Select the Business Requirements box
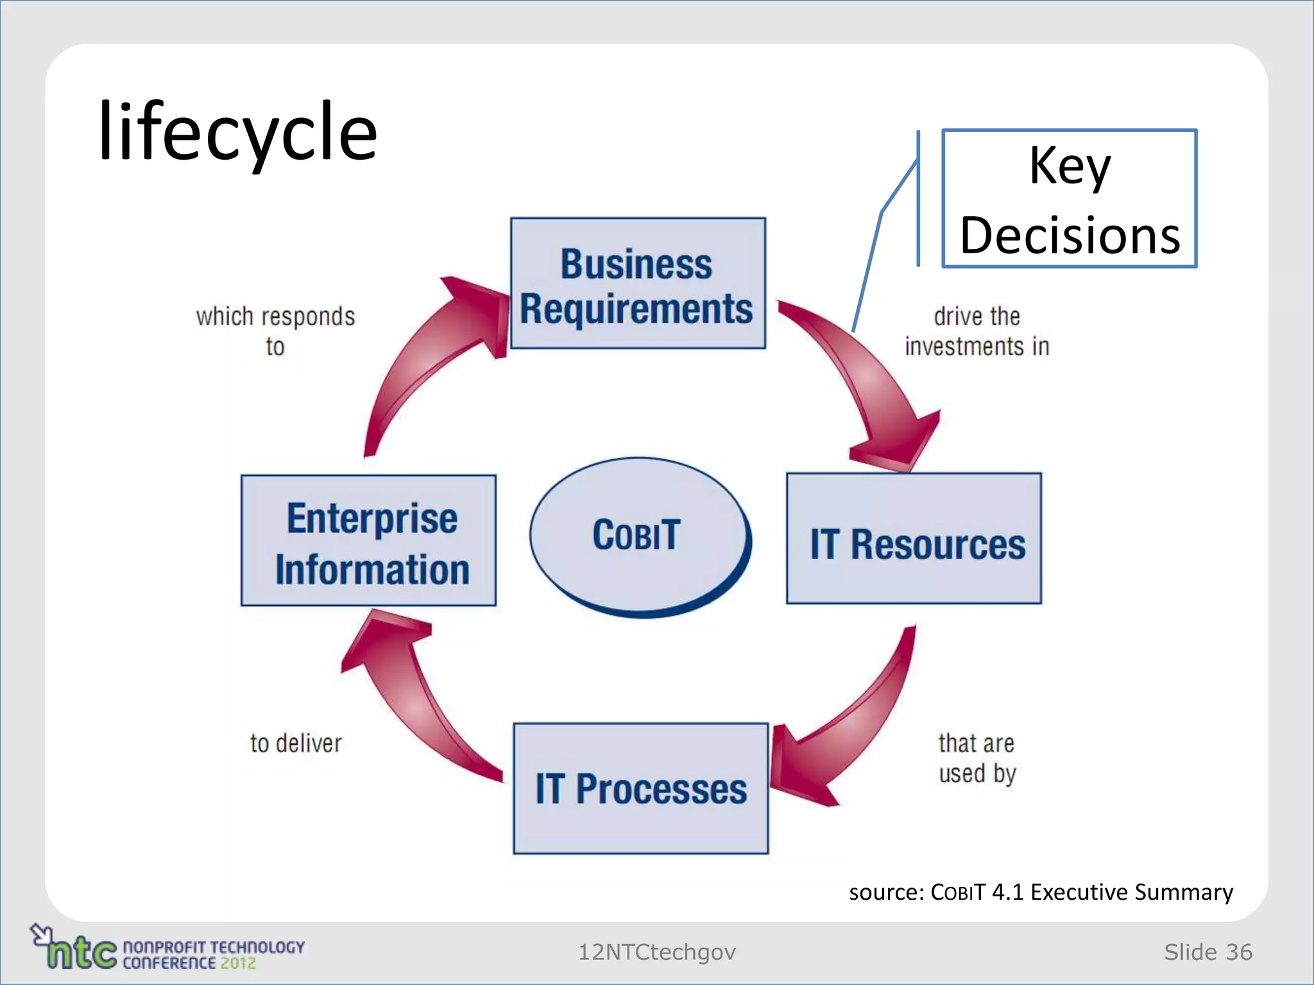(637, 283)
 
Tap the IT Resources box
(914, 539)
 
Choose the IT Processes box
(640, 788)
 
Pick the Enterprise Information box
(368, 541)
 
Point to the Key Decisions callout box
(1069, 199)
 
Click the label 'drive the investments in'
(977, 332)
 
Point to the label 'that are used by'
(977, 758)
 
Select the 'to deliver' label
(296, 743)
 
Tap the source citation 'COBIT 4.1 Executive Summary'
(1040, 892)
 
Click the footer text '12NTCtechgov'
(656, 952)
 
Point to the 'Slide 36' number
(1207, 952)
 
